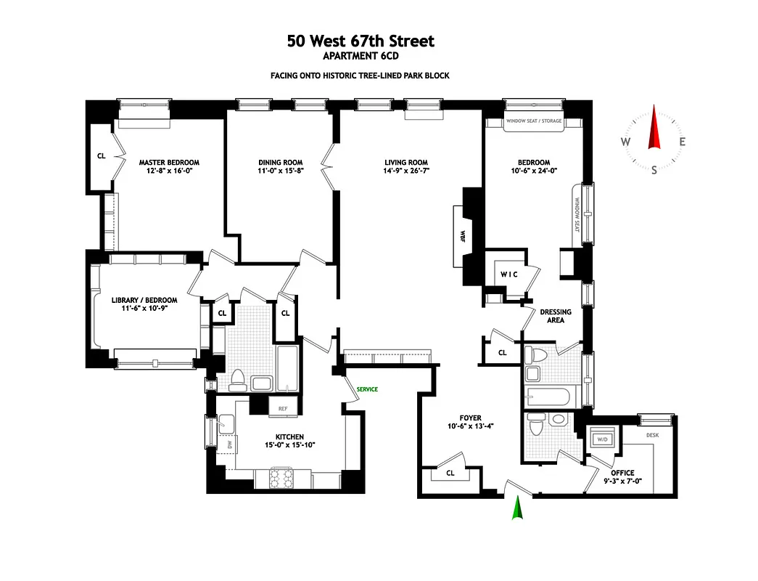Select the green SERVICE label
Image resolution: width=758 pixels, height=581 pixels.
pos(367,390)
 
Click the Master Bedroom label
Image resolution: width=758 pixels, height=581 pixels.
pos(169,163)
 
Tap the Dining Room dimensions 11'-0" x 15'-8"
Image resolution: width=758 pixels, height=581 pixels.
pos(280,172)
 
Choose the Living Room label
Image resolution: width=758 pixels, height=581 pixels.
pos(406,163)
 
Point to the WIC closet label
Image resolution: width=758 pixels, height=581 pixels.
pos(508,275)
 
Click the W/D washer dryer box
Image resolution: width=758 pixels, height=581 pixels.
pos(602,439)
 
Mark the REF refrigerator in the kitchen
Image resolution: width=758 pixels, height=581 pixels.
pos(284,409)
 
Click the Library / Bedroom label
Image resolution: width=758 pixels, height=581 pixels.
pos(144,300)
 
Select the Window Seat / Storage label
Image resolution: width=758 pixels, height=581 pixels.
pos(534,121)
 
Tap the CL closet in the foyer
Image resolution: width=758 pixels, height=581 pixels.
pos(450,474)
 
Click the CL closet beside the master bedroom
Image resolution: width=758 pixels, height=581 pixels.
pos(101,155)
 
